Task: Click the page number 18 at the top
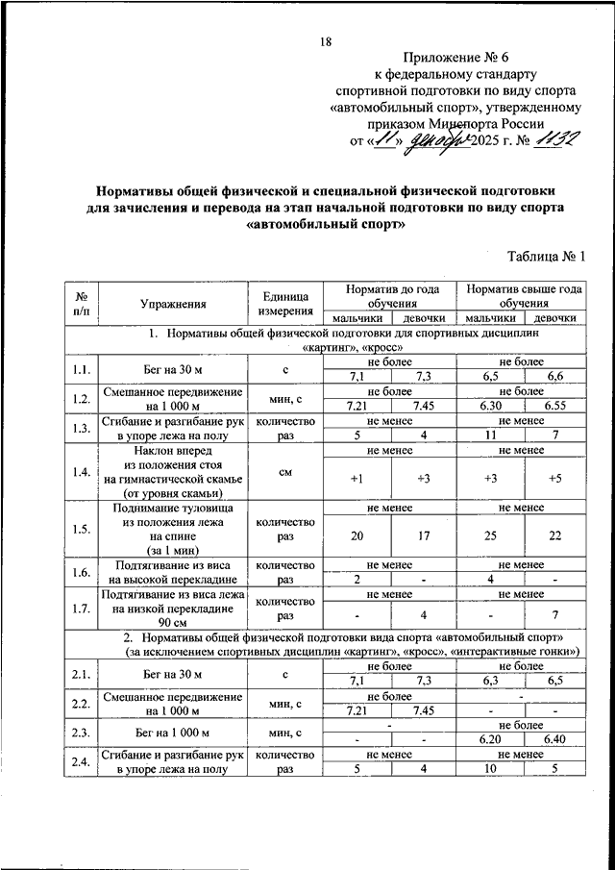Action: [x=326, y=40]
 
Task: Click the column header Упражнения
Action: [x=173, y=305]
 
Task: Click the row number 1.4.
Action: [x=82, y=471]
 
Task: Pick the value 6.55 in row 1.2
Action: [x=555, y=407]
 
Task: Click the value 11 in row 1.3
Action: [x=490, y=435]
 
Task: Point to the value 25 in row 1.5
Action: [x=490, y=534]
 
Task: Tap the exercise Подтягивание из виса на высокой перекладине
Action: [x=173, y=573]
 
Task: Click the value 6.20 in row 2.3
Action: [x=490, y=740]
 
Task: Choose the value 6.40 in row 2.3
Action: [x=555, y=740]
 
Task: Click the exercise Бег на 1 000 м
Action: [x=173, y=733]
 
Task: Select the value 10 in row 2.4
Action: [x=490, y=769]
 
